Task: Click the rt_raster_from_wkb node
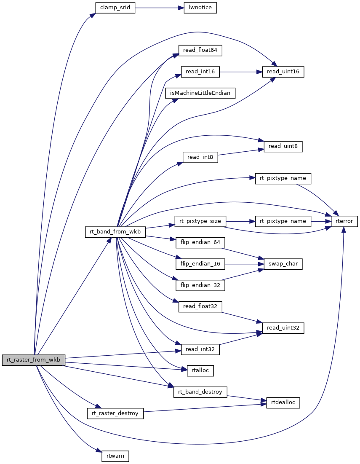[x=34, y=360]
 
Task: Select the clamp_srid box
[x=115, y=8]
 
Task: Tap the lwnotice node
[x=200, y=8]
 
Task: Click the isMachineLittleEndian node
[x=200, y=93]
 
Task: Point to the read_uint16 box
[x=283, y=72]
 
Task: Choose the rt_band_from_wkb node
[x=115, y=232]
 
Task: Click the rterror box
[x=344, y=221]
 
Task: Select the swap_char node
[x=283, y=264]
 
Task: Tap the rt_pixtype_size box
[x=200, y=221]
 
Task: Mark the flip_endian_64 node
[x=200, y=242]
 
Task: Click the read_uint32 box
[x=283, y=328]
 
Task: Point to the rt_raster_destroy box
[x=115, y=413]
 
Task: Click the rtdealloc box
[x=283, y=402]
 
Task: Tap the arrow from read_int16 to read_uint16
[x=240, y=72]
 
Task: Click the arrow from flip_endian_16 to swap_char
[x=244, y=264]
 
